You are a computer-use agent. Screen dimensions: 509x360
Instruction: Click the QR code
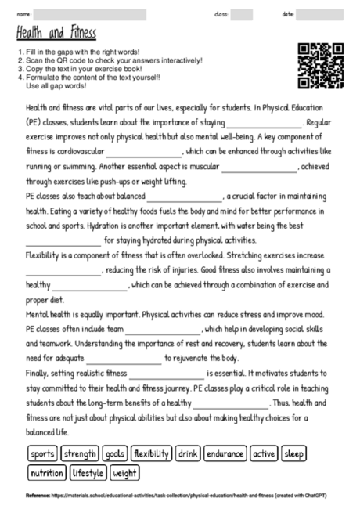coord(321,66)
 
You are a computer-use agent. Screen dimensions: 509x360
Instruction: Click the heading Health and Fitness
coord(55,34)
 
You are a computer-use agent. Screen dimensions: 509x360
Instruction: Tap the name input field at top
coord(90,14)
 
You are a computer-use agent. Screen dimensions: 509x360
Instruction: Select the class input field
coord(242,14)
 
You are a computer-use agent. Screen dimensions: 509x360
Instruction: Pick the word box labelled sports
coord(43,453)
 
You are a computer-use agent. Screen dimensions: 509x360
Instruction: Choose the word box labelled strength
coord(81,453)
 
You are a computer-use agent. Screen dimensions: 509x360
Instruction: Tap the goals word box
coord(114,453)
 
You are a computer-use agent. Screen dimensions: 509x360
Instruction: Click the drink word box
coord(188,453)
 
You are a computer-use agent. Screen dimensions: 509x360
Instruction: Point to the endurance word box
coord(226,453)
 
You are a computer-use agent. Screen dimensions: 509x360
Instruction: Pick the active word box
coord(264,453)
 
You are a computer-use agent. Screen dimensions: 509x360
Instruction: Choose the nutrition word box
coord(48,473)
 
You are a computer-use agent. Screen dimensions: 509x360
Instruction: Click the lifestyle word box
coord(89,473)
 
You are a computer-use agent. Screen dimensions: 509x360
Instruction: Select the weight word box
coord(125,473)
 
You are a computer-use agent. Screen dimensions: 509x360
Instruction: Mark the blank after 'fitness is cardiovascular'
coord(143,152)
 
